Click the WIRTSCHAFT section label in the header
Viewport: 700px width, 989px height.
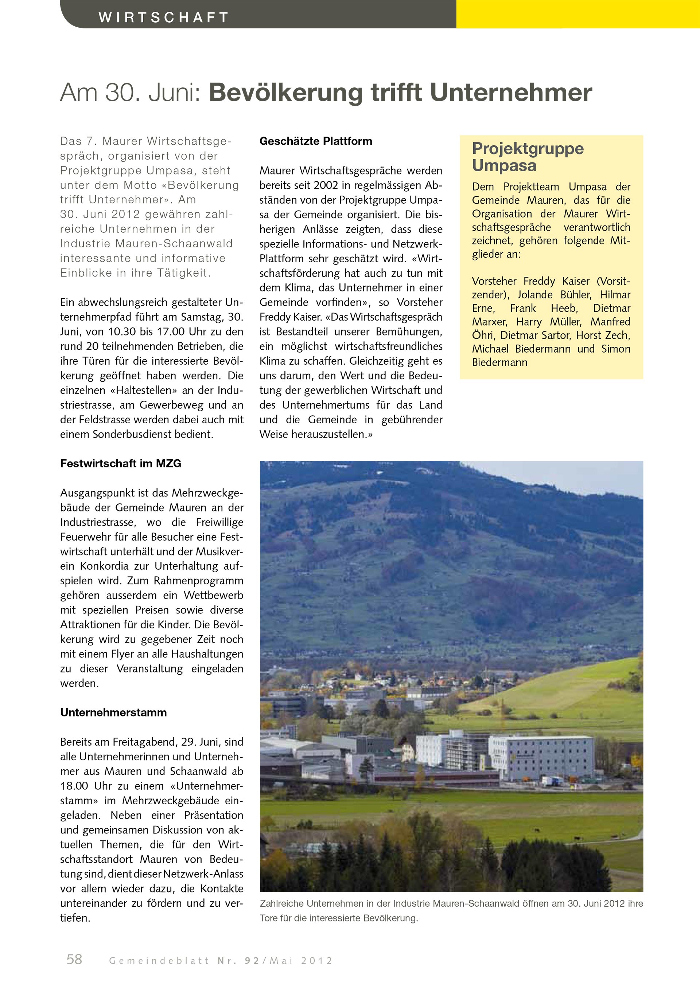pyautogui.click(x=163, y=17)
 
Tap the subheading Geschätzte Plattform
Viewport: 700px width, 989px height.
pyautogui.click(x=315, y=141)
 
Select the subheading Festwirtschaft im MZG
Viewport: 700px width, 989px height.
pyautogui.click(x=121, y=463)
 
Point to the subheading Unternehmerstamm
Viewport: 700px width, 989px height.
pyautogui.click(x=113, y=713)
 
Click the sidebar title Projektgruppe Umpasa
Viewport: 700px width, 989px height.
pyautogui.click(x=528, y=156)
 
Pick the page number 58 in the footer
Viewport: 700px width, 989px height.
pyautogui.click(x=74, y=959)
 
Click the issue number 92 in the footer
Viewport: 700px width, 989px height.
pyautogui.click(x=251, y=961)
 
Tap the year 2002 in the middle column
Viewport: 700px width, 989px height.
pyautogui.click(x=326, y=185)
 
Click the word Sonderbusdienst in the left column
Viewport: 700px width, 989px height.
pyautogui.click(x=132, y=434)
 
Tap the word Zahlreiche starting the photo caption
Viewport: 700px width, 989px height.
pyautogui.click(x=281, y=904)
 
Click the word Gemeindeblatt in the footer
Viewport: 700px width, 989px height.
pyautogui.click(x=159, y=961)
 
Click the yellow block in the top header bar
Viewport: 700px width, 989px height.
pyautogui.click(x=577, y=14)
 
